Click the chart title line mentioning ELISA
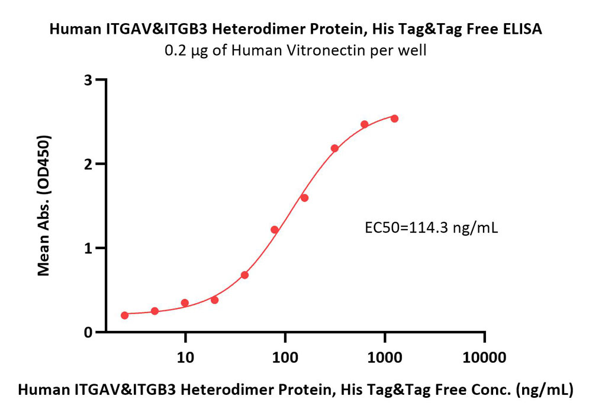[x=295, y=29]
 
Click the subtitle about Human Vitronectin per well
[x=295, y=50]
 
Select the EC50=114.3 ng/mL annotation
[x=431, y=228]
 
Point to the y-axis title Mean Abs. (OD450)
[x=44, y=205]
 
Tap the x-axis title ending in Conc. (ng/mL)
[x=295, y=390]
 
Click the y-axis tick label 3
[x=88, y=80]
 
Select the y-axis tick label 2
[x=88, y=164]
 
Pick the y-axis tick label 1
[x=88, y=249]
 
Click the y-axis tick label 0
[x=88, y=333]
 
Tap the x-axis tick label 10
[x=185, y=357]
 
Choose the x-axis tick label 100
[x=285, y=357]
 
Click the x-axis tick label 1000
[x=385, y=357]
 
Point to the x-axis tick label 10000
[x=484, y=357]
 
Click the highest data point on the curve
[x=394, y=118]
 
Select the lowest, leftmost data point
[x=124, y=316]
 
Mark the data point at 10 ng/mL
[x=185, y=303]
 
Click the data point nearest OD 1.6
[x=305, y=198]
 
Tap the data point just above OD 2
[x=334, y=149]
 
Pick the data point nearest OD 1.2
[x=275, y=230]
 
